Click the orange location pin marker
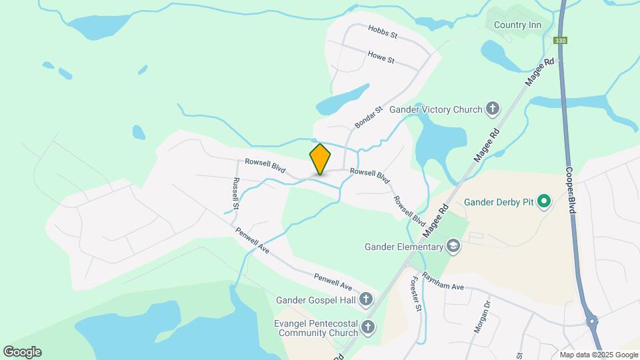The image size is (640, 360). click(x=320, y=159)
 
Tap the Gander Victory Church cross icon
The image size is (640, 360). click(x=493, y=108)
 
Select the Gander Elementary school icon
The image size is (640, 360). click(x=454, y=247)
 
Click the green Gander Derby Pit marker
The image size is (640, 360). click(x=544, y=201)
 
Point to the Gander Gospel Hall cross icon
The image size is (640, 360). click(x=366, y=300)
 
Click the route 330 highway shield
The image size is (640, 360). click(x=560, y=41)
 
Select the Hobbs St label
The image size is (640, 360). click(x=383, y=31)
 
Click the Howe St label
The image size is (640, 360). click(x=382, y=57)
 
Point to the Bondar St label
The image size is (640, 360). click(x=369, y=117)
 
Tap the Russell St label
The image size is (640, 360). click(x=235, y=193)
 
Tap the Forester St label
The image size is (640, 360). click(x=417, y=294)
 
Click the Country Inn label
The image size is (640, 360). click(x=517, y=25)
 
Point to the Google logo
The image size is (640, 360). click(x=22, y=351)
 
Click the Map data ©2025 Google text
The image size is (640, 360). click(x=599, y=355)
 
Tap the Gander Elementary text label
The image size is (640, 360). click(x=404, y=247)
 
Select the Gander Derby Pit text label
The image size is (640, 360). click(x=499, y=201)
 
